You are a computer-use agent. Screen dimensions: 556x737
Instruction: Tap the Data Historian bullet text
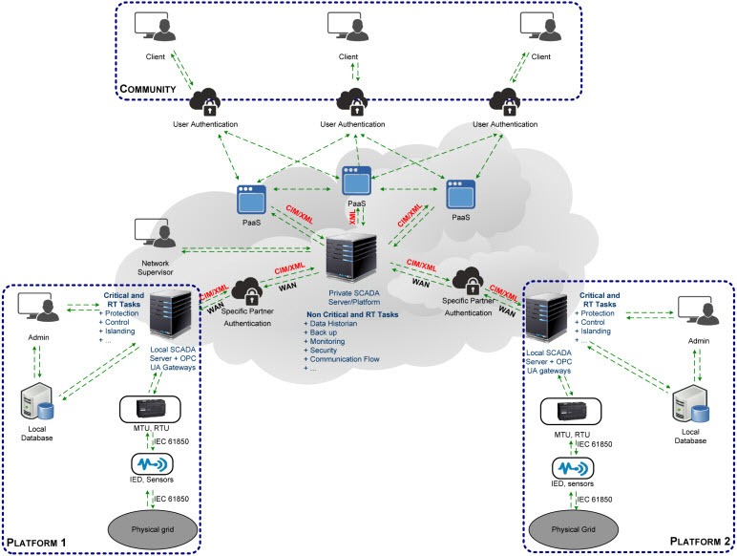337,326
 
